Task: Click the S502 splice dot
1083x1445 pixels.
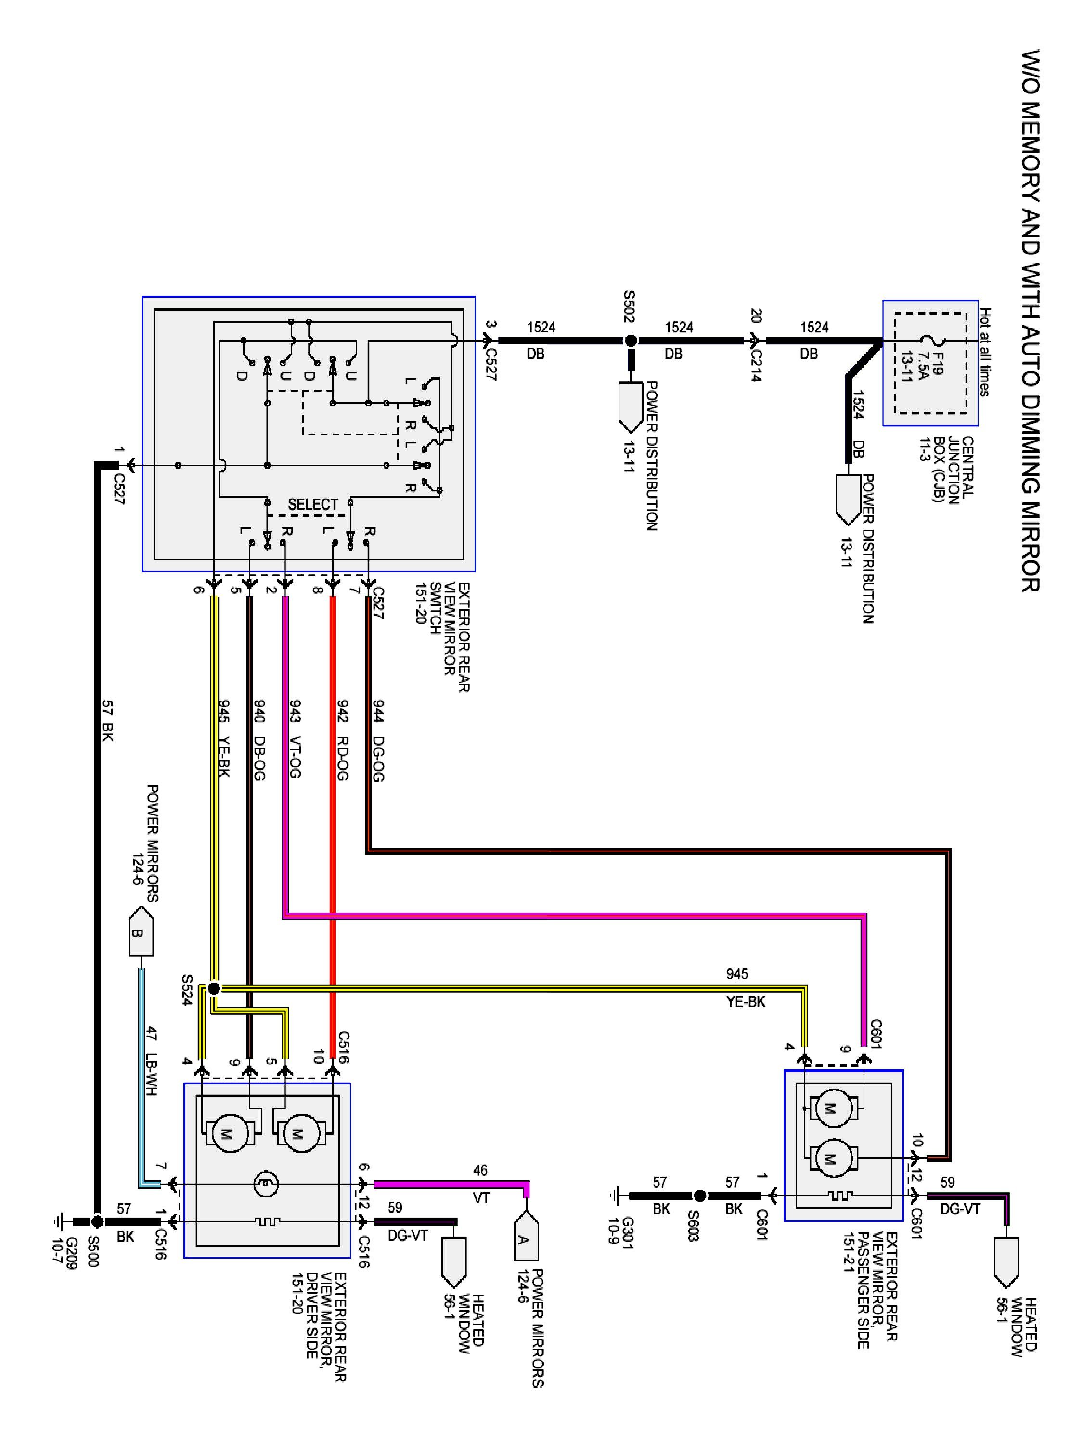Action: pos(631,341)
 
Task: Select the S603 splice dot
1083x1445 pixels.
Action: pos(699,1196)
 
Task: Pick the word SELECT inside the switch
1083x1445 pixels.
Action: pos(313,504)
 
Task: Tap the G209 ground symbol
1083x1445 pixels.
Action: pos(60,1222)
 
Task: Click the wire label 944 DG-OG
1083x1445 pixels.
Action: pos(378,740)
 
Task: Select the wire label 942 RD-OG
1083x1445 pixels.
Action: pos(343,740)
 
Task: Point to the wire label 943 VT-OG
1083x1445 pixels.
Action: pos(295,740)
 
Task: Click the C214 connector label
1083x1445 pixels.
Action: pos(756,365)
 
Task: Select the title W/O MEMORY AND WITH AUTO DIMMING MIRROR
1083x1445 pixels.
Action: pos(1031,321)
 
